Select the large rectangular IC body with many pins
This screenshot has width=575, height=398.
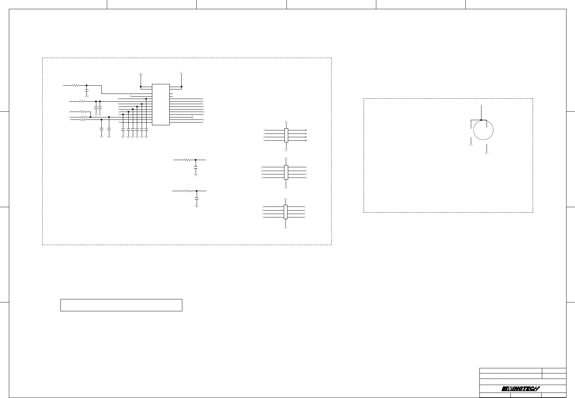click(160, 104)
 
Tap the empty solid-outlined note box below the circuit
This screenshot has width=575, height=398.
click(121, 305)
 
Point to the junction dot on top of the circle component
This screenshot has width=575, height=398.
click(481, 120)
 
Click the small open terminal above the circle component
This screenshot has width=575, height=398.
click(481, 104)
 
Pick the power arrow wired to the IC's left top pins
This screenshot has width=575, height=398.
click(141, 74)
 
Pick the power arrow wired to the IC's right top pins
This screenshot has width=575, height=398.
click(182, 74)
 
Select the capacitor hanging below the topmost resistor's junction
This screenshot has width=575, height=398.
click(86, 92)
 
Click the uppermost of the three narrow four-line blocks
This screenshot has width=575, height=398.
click(286, 135)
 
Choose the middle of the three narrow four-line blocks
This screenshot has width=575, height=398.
click(286, 172)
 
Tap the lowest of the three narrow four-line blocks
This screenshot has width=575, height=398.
click(285, 212)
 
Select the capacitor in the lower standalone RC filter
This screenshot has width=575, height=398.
click(197, 198)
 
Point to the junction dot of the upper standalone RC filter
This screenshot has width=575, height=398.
click(195, 160)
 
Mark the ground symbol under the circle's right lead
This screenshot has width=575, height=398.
click(487, 153)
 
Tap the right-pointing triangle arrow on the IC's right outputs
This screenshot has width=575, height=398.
click(193, 117)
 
